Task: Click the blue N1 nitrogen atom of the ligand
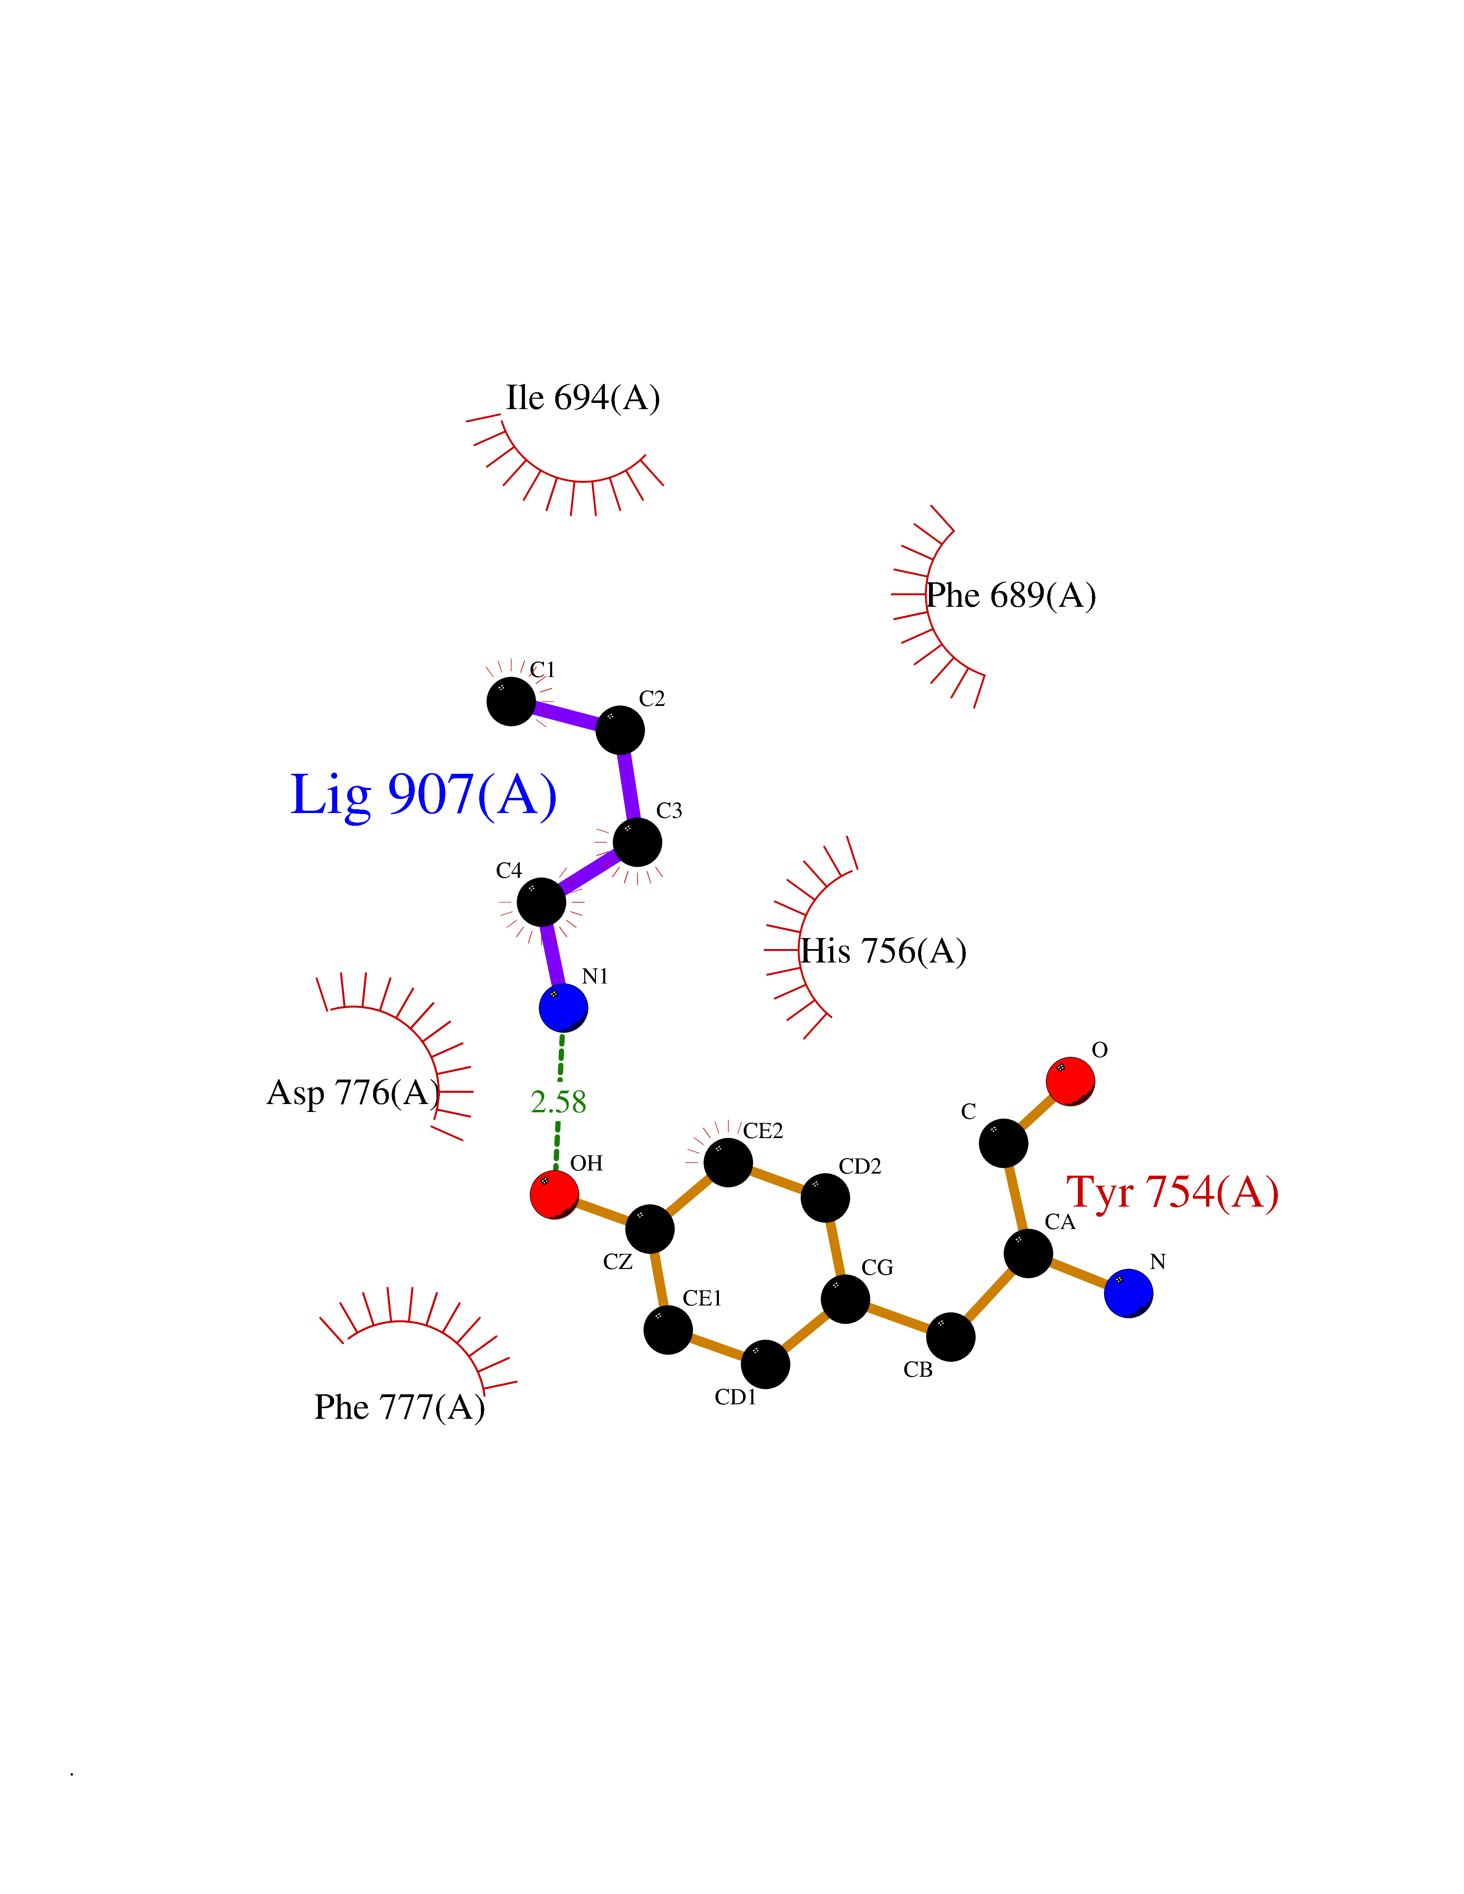pyautogui.click(x=563, y=1008)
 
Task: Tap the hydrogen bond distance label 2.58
pyautogui.click(x=558, y=1102)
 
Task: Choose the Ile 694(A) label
pyautogui.click(x=583, y=398)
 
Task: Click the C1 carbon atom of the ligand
pyautogui.click(x=511, y=701)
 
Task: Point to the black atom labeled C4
pyautogui.click(x=541, y=902)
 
